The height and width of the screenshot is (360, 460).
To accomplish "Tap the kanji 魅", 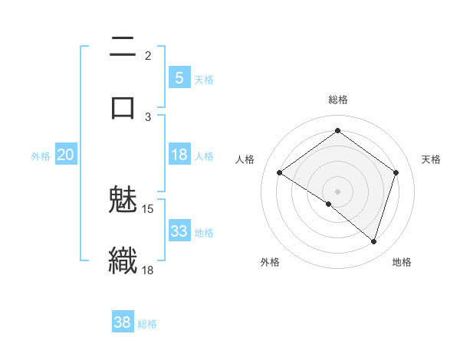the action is [123, 200].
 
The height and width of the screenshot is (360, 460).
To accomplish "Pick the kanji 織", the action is [123, 259].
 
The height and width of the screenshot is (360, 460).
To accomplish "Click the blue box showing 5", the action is [179, 77].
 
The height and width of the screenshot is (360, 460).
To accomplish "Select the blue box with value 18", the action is [179, 155].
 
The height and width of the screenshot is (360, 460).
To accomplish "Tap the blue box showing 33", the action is [179, 231].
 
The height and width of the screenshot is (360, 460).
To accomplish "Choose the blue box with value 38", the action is [123, 322].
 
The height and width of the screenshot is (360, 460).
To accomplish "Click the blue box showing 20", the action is [66, 155].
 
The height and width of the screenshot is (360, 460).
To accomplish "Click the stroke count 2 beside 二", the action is [148, 55].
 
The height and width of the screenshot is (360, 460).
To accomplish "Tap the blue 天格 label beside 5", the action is [204, 79].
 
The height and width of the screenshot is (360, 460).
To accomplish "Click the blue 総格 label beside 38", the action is [147, 324].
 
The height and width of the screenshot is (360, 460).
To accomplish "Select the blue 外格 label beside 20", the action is [41, 156].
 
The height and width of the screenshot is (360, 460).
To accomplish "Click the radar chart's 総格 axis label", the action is [337, 100].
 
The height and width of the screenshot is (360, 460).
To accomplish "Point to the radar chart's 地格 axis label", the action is [402, 262].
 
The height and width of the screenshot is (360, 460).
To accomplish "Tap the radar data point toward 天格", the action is [396, 173].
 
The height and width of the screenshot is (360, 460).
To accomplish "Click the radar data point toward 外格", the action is [329, 204].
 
